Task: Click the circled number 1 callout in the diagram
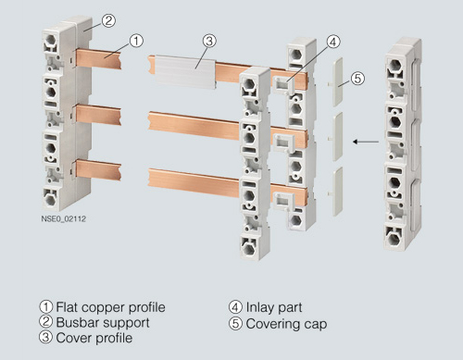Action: (136, 41)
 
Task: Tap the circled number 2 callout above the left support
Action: (108, 20)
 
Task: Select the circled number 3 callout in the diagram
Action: (209, 41)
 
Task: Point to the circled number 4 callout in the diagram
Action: (333, 42)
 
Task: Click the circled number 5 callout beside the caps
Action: (357, 78)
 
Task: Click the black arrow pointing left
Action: (366, 142)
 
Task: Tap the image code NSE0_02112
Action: (64, 219)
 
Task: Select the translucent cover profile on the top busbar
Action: (185, 72)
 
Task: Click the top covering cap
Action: (337, 81)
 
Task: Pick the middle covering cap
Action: (338, 136)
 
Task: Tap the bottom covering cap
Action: (338, 192)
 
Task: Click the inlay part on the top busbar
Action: (283, 84)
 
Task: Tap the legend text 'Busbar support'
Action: (103, 323)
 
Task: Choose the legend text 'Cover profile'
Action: (94, 338)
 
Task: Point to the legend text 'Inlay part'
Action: (274, 307)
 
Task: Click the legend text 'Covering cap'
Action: (286, 324)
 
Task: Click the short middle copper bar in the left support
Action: (98, 115)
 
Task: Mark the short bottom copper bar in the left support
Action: (98, 169)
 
